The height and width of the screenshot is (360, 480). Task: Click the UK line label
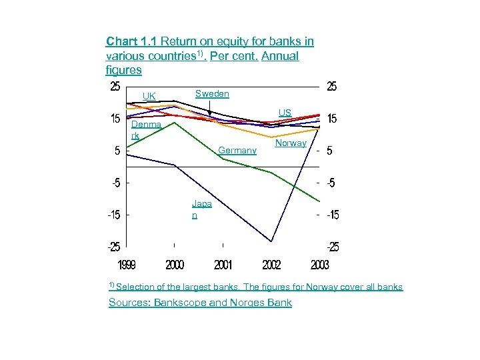[149, 96]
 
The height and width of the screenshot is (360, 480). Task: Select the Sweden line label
[211, 94]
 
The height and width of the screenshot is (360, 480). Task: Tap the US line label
[285, 113]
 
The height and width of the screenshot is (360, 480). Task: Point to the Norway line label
[291, 143]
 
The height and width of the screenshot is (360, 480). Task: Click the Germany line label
[237, 151]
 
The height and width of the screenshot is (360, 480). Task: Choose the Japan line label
[201, 209]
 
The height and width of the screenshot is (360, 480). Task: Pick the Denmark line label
[146, 130]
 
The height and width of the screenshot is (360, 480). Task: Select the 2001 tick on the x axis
[223, 265]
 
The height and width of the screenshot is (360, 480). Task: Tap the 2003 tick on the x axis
[319, 265]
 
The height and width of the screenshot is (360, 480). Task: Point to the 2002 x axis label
[271, 265]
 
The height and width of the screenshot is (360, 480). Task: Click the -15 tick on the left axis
[114, 215]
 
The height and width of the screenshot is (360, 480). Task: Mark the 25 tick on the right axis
[332, 87]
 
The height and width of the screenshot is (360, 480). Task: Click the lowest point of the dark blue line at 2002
[271, 241]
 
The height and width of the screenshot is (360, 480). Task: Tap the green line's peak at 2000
[175, 123]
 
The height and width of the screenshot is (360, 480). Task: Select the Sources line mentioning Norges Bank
[200, 303]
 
